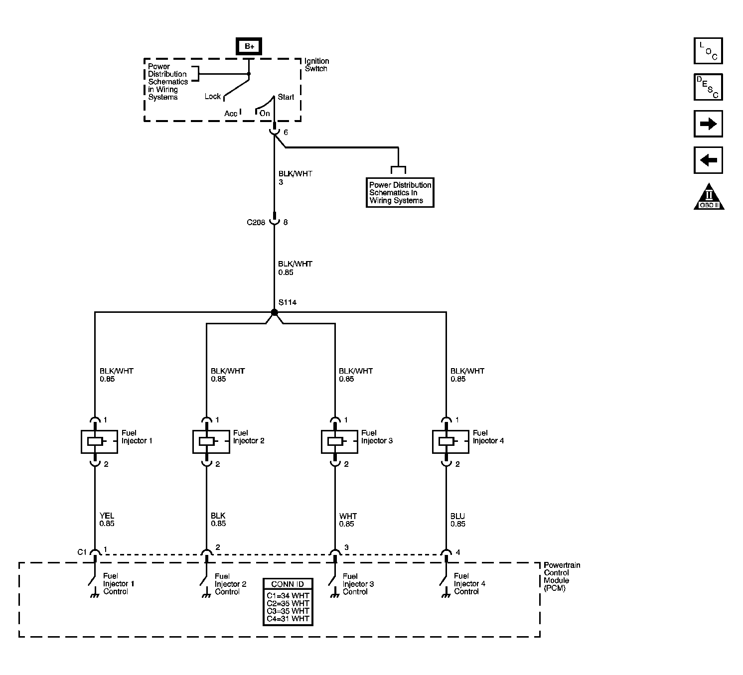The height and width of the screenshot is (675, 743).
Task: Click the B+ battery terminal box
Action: [249, 46]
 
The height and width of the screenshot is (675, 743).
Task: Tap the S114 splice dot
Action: [274, 312]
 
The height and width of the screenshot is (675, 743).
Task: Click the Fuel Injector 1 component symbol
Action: [99, 441]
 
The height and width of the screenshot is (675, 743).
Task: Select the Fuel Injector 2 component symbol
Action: [211, 441]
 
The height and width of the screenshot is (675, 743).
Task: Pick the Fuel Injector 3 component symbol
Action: [339, 441]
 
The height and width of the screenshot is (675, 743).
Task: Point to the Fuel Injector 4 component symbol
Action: [450, 441]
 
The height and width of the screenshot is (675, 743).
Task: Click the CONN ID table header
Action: [288, 584]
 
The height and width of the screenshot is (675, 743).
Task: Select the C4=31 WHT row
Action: [288, 619]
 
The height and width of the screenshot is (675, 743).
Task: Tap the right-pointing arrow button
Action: [708, 124]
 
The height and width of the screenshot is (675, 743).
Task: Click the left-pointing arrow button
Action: [708, 160]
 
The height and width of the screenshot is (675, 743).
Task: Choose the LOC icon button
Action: [708, 51]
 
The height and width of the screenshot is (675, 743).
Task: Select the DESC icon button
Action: [708, 87]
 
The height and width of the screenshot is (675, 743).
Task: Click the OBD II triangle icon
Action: [709, 198]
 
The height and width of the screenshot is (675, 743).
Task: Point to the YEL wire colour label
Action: [107, 516]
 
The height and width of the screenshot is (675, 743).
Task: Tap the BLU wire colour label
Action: [457, 516]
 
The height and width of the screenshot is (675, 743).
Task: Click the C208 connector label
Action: [256, 223]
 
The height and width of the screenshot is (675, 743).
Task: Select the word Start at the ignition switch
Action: [286, 97]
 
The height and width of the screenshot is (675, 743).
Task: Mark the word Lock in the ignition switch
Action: [213, 97]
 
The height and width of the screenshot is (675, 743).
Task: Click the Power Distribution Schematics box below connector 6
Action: [400, 192]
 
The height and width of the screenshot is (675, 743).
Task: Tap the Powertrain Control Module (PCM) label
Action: [562, 576]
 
